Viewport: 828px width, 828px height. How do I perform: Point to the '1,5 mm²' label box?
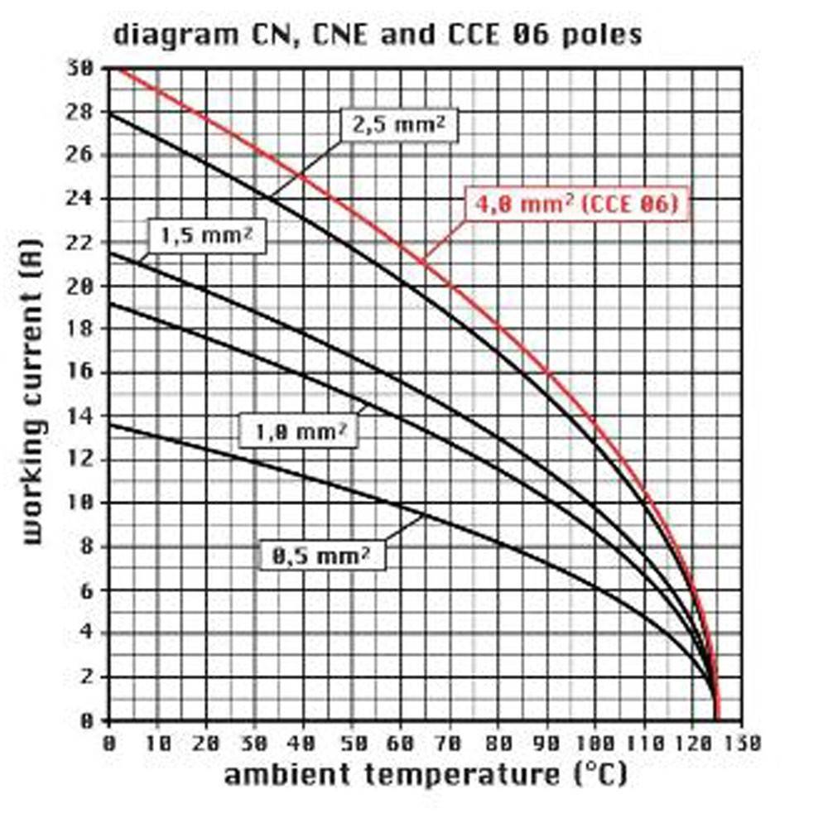206,236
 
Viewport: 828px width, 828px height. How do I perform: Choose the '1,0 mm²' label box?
299,431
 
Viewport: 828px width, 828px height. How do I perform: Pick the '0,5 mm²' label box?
328,556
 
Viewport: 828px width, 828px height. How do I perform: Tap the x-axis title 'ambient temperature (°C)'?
426,776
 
